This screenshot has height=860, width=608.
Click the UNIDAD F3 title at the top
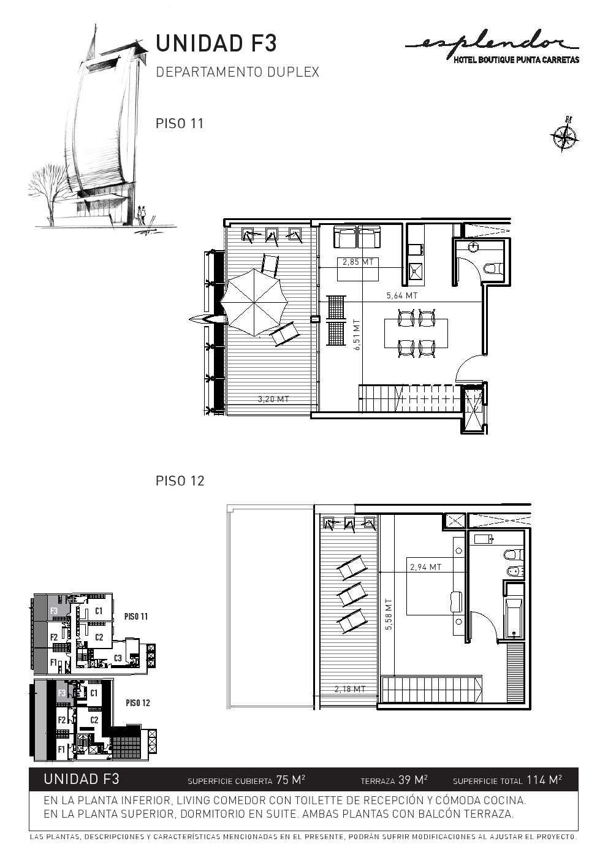coord(216,44)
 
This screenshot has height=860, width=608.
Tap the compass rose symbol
coord(564,134)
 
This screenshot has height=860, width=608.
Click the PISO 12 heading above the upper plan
coord(180,481)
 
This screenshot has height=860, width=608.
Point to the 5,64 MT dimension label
coord(402,295)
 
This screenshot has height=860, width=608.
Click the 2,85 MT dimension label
coord(358,262)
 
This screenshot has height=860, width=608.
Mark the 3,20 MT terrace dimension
coord(273,399)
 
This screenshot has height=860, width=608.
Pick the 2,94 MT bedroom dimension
coord(426,566)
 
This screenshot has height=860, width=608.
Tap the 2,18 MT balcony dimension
coord(350,689)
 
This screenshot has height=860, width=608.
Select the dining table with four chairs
coord(416,333)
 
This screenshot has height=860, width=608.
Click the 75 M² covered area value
coord(291,780)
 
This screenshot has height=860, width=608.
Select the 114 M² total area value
coord(544,780)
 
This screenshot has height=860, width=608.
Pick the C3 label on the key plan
coord(118,658)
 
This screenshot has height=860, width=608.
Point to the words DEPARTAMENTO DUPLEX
coord(238,72)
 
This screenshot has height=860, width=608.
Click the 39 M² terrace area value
coord(413,780)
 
